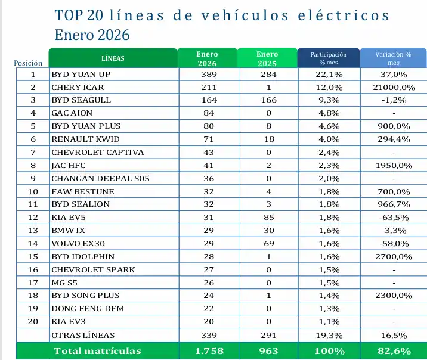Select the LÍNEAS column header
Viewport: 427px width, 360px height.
click(113, 58)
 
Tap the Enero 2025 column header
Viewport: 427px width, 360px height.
click(267, 58)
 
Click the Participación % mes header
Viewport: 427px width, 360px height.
click(328, 58)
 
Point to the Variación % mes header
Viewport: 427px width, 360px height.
click(393, 58)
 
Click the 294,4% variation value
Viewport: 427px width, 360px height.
click(393, 139)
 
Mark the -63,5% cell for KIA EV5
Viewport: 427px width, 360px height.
click(393, 217)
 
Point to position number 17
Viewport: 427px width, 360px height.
click(33, 283)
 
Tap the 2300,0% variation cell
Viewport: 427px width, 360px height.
click(393, 296)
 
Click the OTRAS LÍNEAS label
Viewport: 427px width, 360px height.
click(83, 335)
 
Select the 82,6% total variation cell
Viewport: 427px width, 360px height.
click(393, 351)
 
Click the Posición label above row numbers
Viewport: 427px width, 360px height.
click(28, 63)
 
